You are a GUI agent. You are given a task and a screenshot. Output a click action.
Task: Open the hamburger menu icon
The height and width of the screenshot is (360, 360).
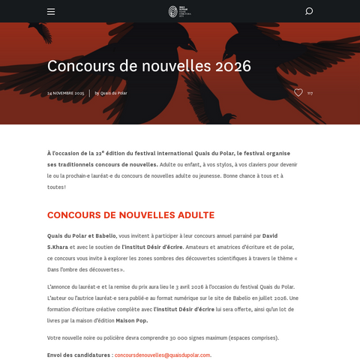[x=51, y=11]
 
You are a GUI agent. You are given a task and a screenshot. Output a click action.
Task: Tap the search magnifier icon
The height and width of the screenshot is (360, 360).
[x=309, y=11]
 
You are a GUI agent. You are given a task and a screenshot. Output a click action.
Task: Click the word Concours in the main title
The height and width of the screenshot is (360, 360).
[x=81, y=66]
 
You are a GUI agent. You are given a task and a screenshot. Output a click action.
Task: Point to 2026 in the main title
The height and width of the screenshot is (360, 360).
[x=231, y=66]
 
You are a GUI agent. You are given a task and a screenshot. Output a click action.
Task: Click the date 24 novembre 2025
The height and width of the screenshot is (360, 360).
[x=66, y=93]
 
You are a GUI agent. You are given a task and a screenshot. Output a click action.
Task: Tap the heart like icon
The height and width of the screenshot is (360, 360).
[x=298, y=93]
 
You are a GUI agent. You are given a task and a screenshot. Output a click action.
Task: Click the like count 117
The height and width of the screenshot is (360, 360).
[x=310, y=93]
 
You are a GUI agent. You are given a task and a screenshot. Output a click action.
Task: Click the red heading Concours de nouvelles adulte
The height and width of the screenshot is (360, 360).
[x=130, y=215]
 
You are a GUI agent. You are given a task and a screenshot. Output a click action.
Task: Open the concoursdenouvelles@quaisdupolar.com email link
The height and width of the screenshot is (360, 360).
[x=163, y=355]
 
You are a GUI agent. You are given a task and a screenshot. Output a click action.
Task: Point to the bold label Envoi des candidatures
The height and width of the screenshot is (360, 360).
[x=79, y=355]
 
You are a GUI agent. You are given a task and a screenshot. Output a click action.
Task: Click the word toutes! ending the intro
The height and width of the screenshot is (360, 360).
[x=55, y=186]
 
